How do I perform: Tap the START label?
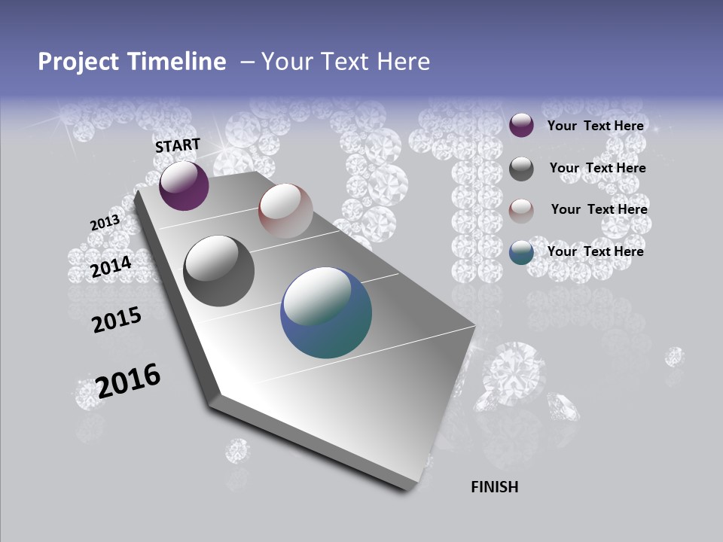pos(178,145)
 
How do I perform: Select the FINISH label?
pos(495,487)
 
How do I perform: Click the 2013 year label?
pos(105,223)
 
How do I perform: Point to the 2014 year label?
pos(111,266)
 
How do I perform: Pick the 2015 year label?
pos(117,320)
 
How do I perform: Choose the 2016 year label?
pos(128,380)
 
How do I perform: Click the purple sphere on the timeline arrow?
pos(184,186)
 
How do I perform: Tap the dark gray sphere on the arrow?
pos(218,271)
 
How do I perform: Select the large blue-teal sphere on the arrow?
pos(326,312)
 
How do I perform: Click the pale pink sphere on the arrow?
pos(285,210)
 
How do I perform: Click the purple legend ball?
pos(521,125)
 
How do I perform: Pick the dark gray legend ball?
pos(521,169)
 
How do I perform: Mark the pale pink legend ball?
pos(521,211)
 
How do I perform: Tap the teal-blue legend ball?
pos(521,252)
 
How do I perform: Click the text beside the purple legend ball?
pos(596,126)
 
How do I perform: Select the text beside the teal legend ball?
pos(596,251)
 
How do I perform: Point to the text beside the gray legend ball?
pos(598,168)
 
